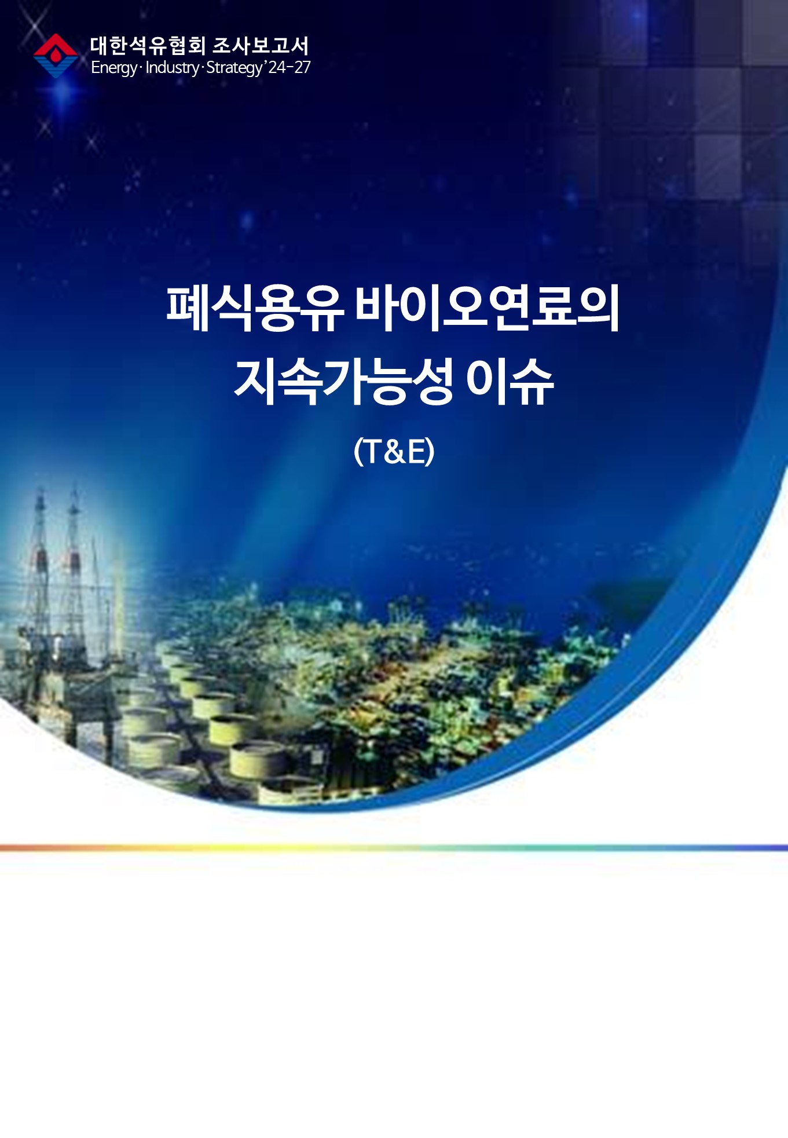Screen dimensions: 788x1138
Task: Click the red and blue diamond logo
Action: pos(56,56)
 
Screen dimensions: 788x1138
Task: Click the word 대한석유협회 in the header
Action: pos(148,46)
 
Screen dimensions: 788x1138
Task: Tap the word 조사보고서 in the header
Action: pos(261,46)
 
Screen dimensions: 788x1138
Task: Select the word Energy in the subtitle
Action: pos(114,68)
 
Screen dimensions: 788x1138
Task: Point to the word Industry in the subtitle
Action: pos(172,68)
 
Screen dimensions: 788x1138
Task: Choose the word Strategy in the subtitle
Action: pos(234,68)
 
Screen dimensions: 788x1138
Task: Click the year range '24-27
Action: pos(288,67)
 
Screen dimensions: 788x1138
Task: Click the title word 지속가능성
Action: pos(343,381)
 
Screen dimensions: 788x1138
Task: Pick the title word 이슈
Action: pos(510,381)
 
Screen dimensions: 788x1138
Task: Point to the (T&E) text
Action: pos(394,451)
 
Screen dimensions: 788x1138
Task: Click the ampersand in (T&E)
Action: pos(394,452)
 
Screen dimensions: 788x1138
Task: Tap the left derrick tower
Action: pos(39,556)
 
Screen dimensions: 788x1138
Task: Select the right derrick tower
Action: pos(74,556)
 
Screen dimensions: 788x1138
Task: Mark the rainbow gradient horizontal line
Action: pos(394,848)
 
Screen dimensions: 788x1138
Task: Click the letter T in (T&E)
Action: pos(372,452)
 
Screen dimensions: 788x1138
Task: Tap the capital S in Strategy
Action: pos(211,68)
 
